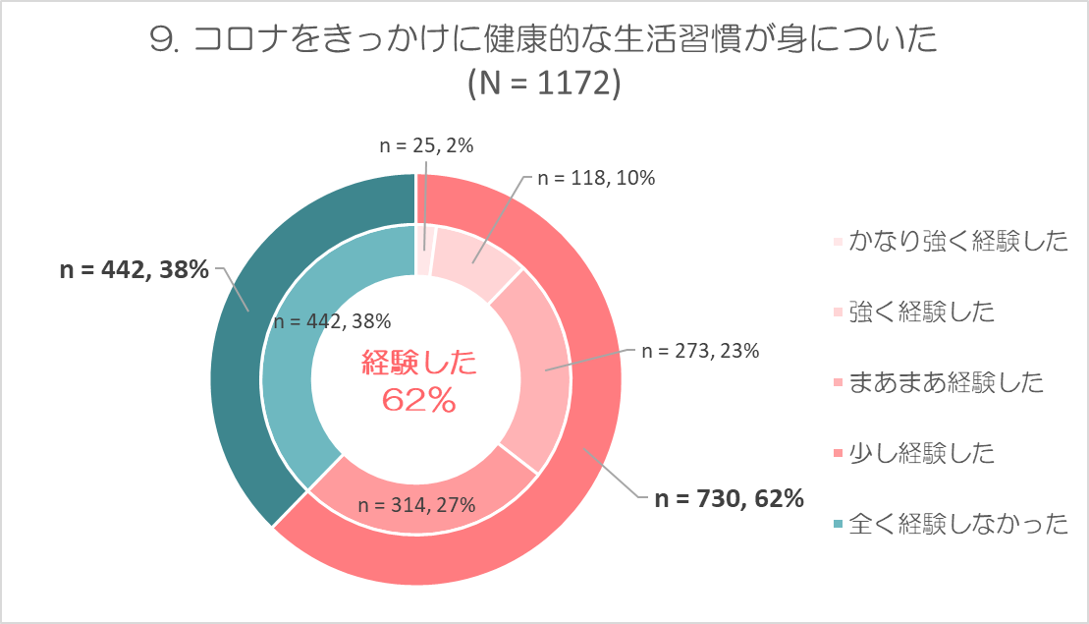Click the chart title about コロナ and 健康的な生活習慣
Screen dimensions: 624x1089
coord(545,40)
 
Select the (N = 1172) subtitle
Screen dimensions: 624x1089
coord(545,84)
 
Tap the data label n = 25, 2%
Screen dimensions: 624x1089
coord(426,145)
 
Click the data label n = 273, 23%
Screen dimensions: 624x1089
coord(699,351)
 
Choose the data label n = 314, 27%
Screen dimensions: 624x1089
coord(416,505)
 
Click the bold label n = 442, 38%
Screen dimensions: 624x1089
coord(135,270)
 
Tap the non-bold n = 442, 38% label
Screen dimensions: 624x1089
coord(331,320)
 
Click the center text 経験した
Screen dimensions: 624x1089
coord(419,365)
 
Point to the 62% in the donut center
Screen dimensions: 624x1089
coord(419,399)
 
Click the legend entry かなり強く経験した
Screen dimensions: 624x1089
coord(958,242)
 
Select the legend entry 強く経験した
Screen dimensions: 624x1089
coord(922,312)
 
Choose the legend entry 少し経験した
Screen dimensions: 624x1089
coord(922,453)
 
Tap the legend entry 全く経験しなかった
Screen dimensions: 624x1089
coord(958,524)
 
